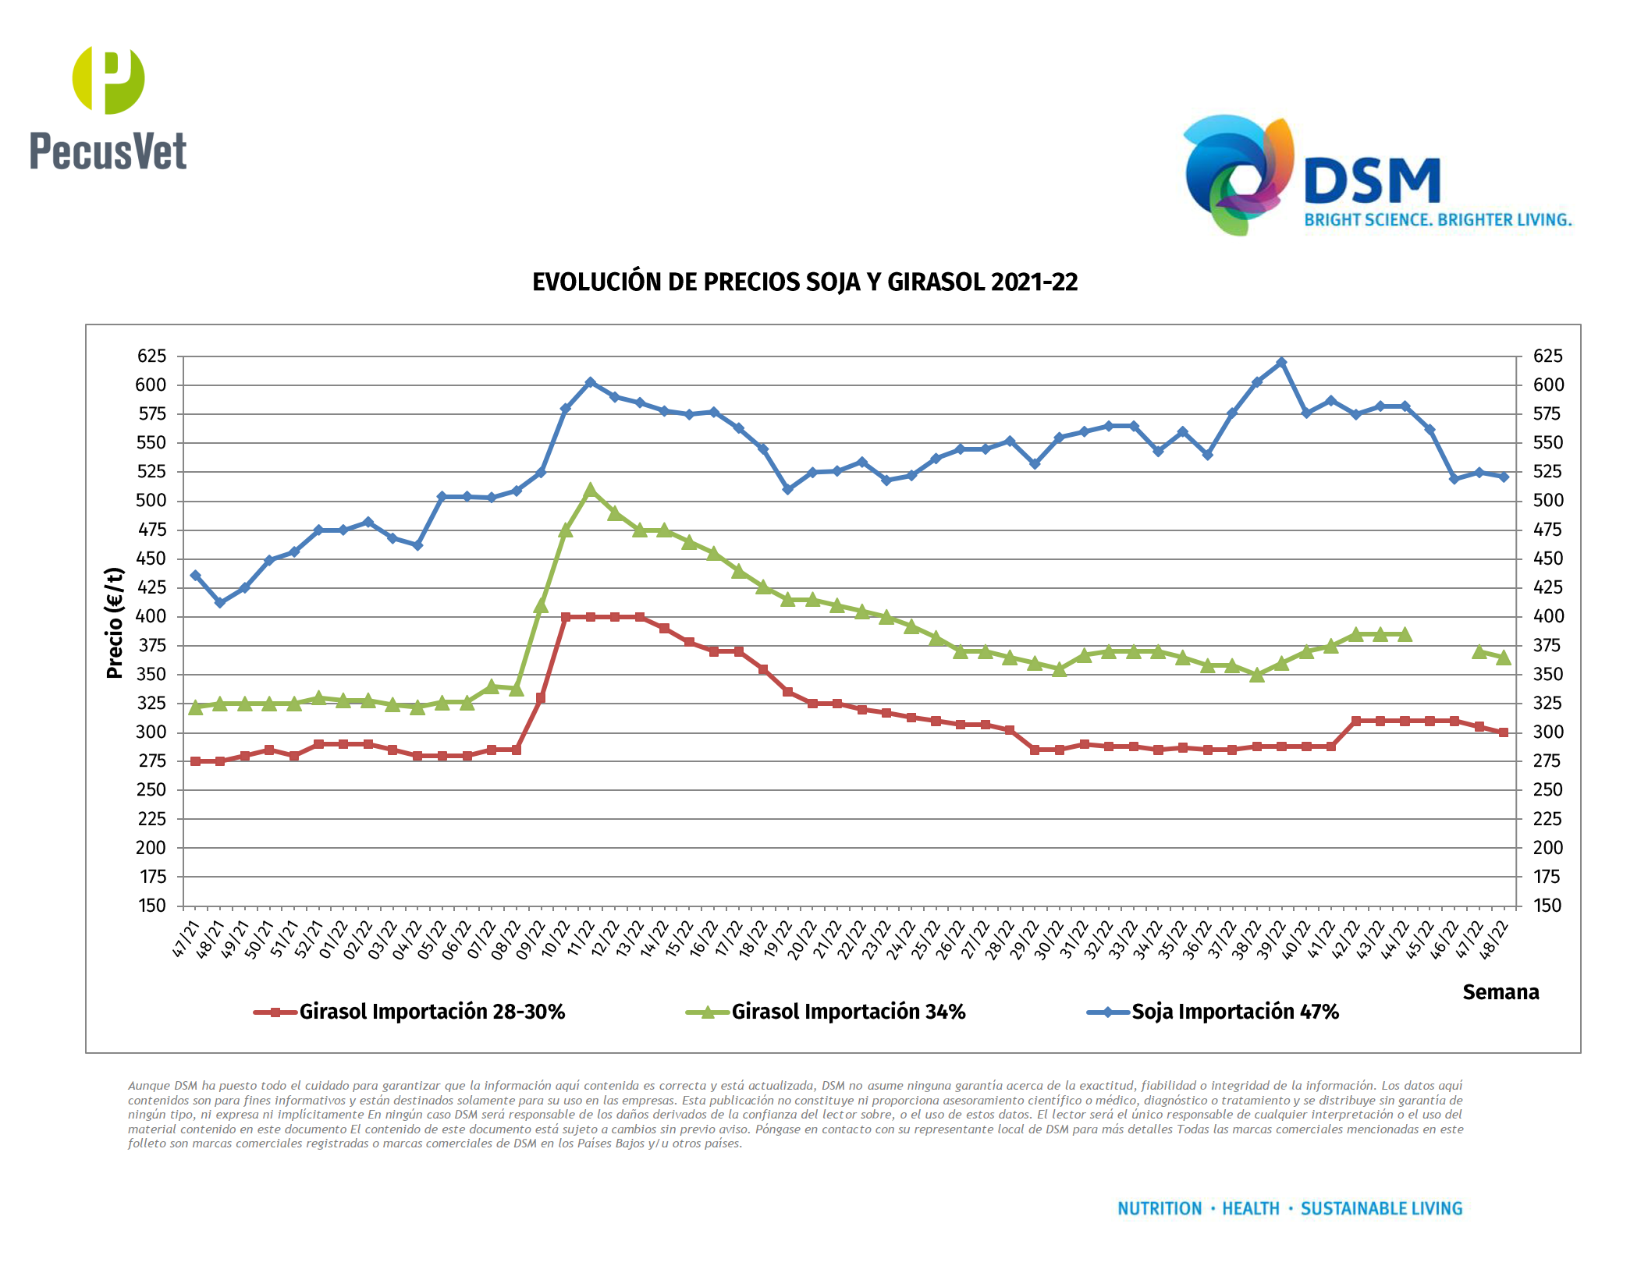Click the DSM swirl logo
click(x=1238, y=175)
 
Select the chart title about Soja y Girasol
click(x=804, y=282)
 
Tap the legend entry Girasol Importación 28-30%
click(x=432, y=1012)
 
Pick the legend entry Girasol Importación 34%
click(x=848, y=1012)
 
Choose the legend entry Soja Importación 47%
click(x=1234, y=1012)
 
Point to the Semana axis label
click(x=1500, y=992)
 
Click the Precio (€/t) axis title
click(x=115, y=622)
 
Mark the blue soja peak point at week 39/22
click(x=1281, y=363)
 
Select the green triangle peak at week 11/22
click(x=590, y=491)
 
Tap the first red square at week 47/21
click(x=195, y=761)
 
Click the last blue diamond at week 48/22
click(x=1504, y=477)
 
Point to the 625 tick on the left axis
click(x=151, y=356)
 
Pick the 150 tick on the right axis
click(x=1547, y=906)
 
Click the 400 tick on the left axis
click(x=151, y=616)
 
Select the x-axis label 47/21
click(x=186, y=940)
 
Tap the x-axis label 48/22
click(x=1494, y=940)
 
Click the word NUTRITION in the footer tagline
click(x=1160, y=1208)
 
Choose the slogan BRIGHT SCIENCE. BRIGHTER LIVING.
click(x=1437, y=220)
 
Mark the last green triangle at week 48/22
click(x=1504, y=658)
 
